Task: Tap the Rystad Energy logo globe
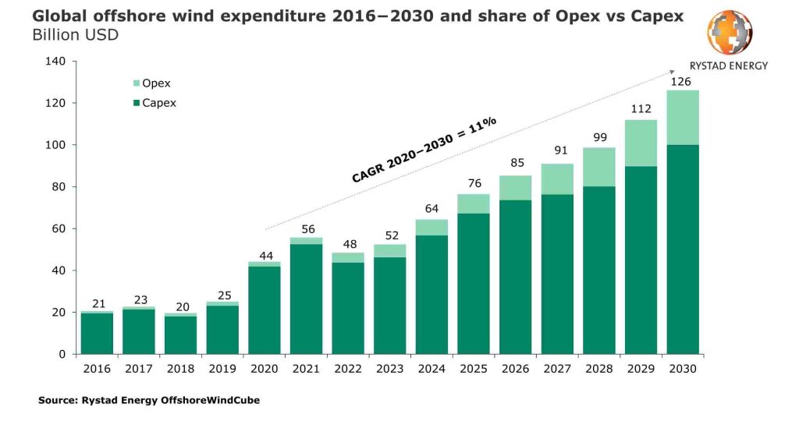(730, 32)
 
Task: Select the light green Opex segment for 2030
(683, 118)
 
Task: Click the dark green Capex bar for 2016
(97, 333)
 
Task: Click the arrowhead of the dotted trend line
(672, 72)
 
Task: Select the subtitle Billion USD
(75, 36)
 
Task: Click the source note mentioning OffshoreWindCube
(148, 401)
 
